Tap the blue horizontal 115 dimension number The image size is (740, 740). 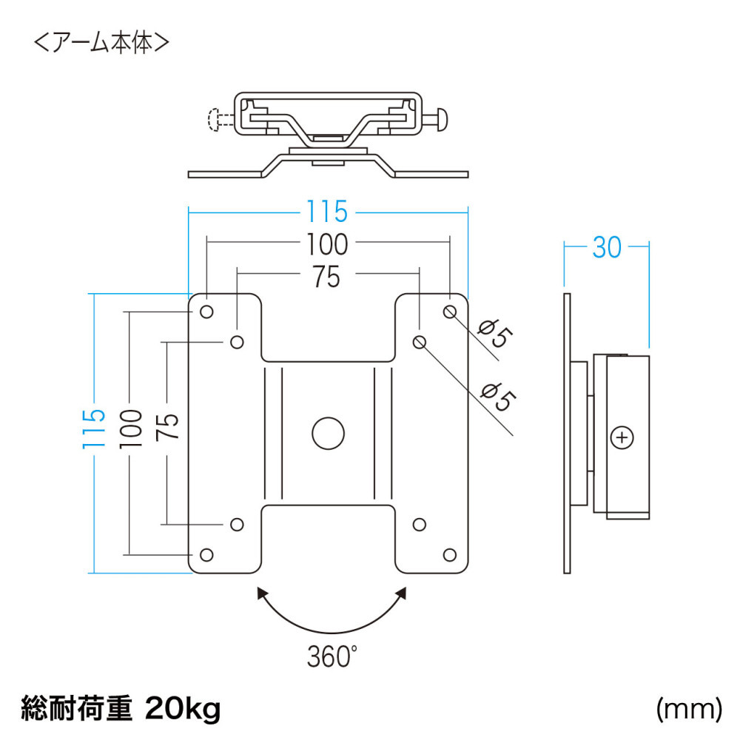pyautogui.click(x=327, y=212)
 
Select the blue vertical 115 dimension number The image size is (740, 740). pyautogui.click(x=94, y=430)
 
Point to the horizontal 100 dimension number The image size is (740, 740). pyautogui.click(x=326, y=243)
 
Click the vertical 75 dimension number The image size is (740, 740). pyautogui.click(x=169, y=427)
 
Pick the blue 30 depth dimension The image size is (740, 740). pyautogui.click(x=607, y=249)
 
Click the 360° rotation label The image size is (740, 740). pyautogui.click(x=331, y=656)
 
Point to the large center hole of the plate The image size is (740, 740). pyautogui.click(x=328, y=432)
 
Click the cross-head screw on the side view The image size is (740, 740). pyautogui.click(x=622, y=437)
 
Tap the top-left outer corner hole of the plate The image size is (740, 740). pyautogui.click(x=206, y=312)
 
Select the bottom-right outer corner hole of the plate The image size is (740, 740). pyautogui.click(x=449, y=554)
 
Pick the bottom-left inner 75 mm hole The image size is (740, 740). pyautogui.click(x=237, y=524)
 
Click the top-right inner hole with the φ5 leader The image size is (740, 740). pyautogui.click(x=419, y=341)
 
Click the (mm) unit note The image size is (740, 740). pyautogui.click(x=688, y=710)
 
